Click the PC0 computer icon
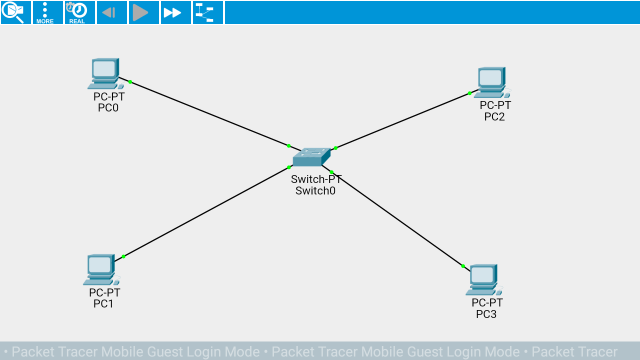pos(105,73)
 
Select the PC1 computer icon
pos(101,269)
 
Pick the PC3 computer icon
pos(483,279)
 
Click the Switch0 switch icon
pos(311,157)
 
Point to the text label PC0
pos(108,108)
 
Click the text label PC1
pos(103,304)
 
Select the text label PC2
pos(494,117)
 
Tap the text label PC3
pos(486,314)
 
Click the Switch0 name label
pos(315,191)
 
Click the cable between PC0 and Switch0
pos(210,114)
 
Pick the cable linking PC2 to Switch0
pos(402,120)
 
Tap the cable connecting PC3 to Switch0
pos(397,219)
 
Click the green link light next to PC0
pos(130,81)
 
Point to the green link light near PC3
pos(463,266)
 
